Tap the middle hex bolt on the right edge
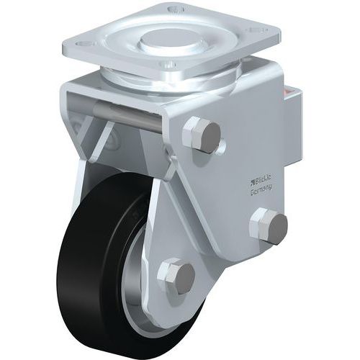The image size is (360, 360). pos(264,225)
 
